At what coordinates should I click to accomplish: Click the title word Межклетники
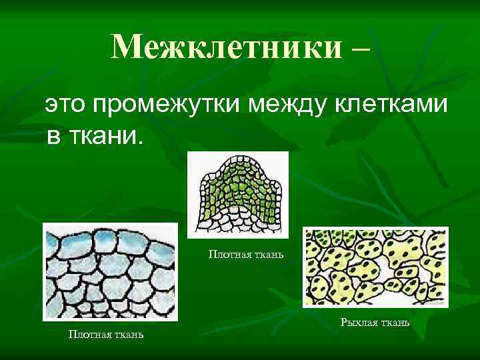point(227,47)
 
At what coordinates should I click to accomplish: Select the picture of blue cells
point(110,271)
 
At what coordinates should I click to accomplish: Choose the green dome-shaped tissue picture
point(238,194)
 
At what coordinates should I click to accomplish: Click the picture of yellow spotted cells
point(375,267)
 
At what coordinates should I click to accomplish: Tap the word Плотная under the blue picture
point(90,334)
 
